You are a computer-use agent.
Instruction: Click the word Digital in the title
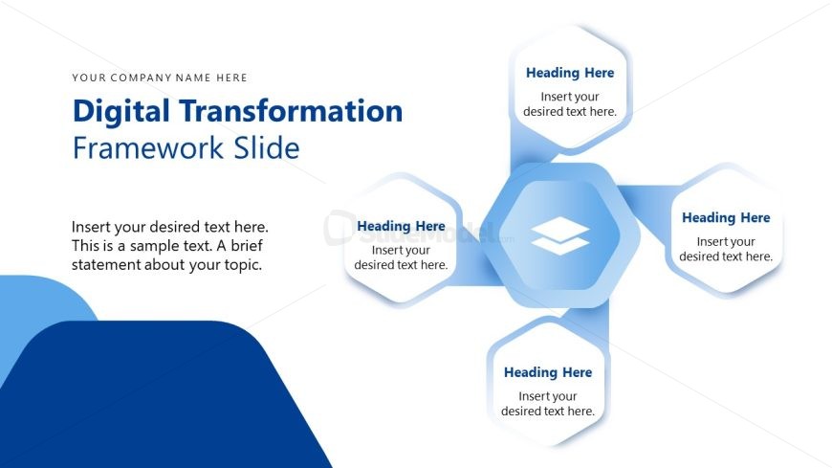point(120,112)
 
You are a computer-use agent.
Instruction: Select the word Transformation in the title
point(291,111)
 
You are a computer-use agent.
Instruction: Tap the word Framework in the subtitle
point(148,147)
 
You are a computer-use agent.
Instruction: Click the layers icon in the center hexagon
point(560,235)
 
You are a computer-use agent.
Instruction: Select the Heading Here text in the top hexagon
point(570,73)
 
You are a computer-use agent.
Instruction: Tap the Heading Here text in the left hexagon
point(401,226)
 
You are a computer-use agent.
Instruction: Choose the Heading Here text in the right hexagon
point(726,218)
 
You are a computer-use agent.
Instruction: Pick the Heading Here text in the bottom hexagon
point(548,372)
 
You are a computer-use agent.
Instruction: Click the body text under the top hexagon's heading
point(570,104)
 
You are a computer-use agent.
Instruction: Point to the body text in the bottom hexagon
point(548,404)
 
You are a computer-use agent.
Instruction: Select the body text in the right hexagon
point(726,249)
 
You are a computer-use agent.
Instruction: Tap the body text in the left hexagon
point(401,257)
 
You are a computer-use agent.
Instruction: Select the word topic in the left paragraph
point(242,265)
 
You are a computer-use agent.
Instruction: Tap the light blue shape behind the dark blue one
point(42,302)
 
